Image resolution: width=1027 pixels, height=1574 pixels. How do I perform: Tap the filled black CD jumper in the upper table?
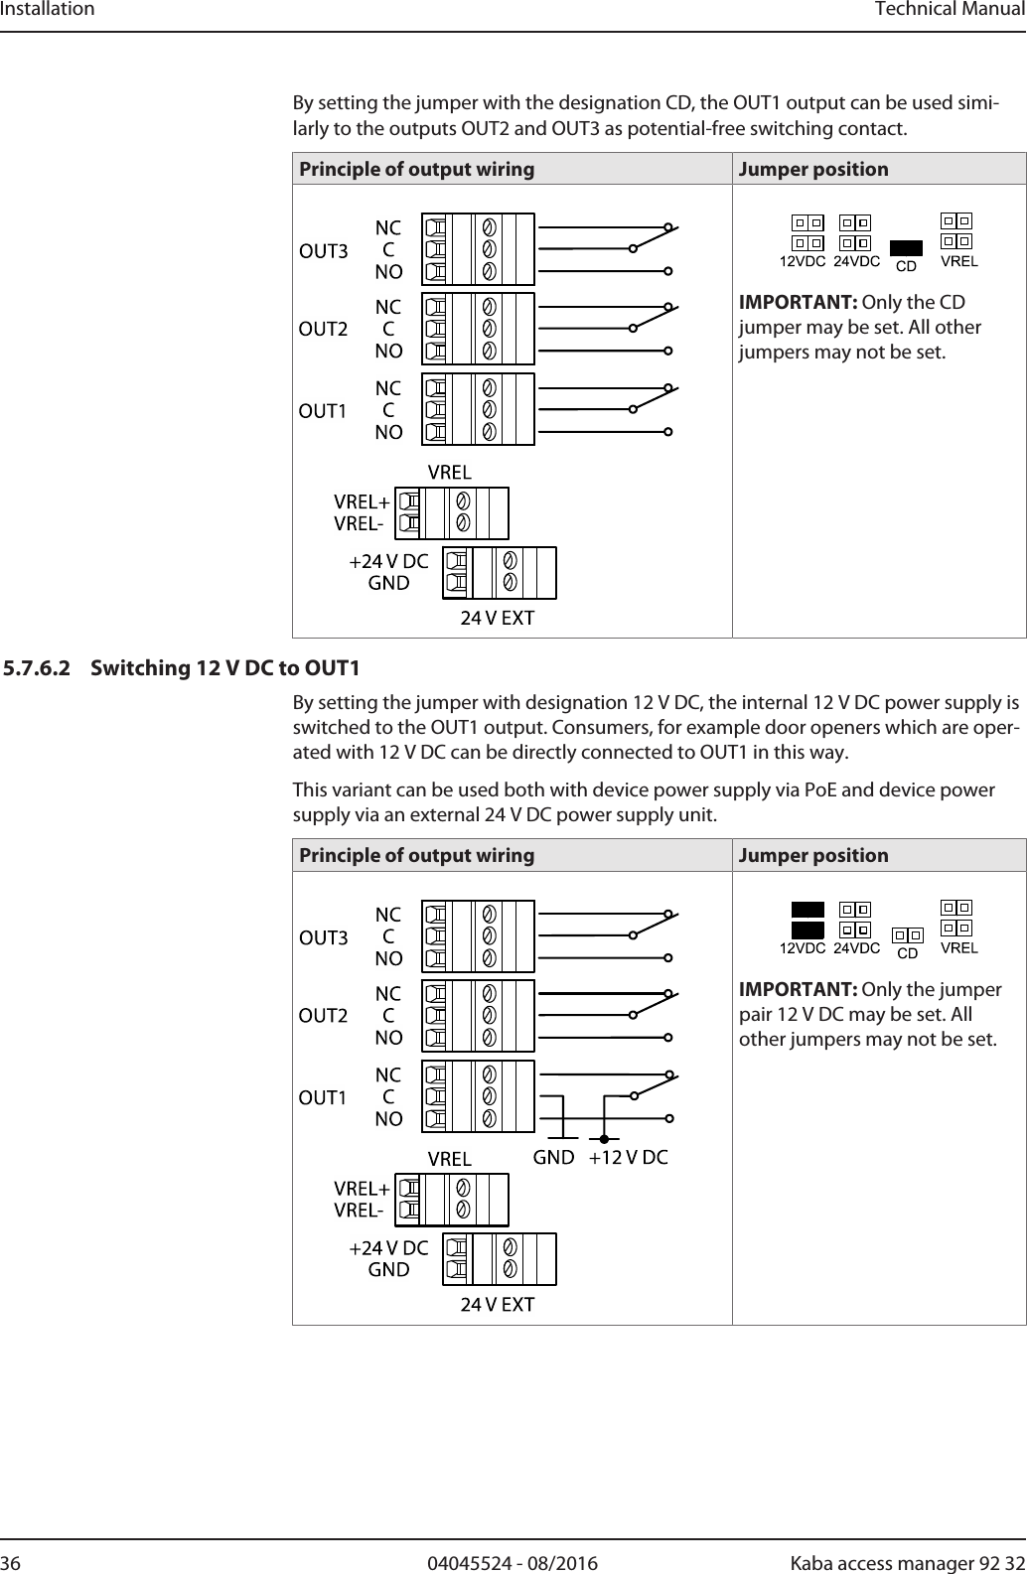tap(906, 247)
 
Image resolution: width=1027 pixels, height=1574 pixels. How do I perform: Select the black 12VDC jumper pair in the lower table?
tap(807, 920)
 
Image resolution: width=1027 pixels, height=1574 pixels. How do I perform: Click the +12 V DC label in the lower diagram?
tap(628, 1157)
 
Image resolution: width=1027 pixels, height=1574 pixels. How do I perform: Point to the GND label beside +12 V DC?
tap(554, 1157)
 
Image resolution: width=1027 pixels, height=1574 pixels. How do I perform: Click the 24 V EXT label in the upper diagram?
tap(497, 619)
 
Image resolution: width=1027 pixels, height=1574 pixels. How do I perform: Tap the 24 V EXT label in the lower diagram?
tap(497, 1305)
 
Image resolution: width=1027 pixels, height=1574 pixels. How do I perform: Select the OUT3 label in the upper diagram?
tap(324, 251)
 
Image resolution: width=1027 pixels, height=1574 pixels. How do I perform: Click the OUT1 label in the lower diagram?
tap(323, 1098)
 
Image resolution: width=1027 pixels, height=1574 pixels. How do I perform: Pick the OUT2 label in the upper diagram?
tap(324, 329)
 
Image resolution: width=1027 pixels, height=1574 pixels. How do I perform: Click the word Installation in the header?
tap(48, 10)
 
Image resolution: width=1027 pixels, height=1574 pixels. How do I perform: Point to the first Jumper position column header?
tap(813, 169)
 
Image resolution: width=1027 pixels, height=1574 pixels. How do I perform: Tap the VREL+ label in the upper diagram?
tap(362, 502)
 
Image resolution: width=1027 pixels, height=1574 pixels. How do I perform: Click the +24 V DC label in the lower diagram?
tap(388, 1247)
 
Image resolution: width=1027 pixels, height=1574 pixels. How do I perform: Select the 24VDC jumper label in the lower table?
tap(856, 948)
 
